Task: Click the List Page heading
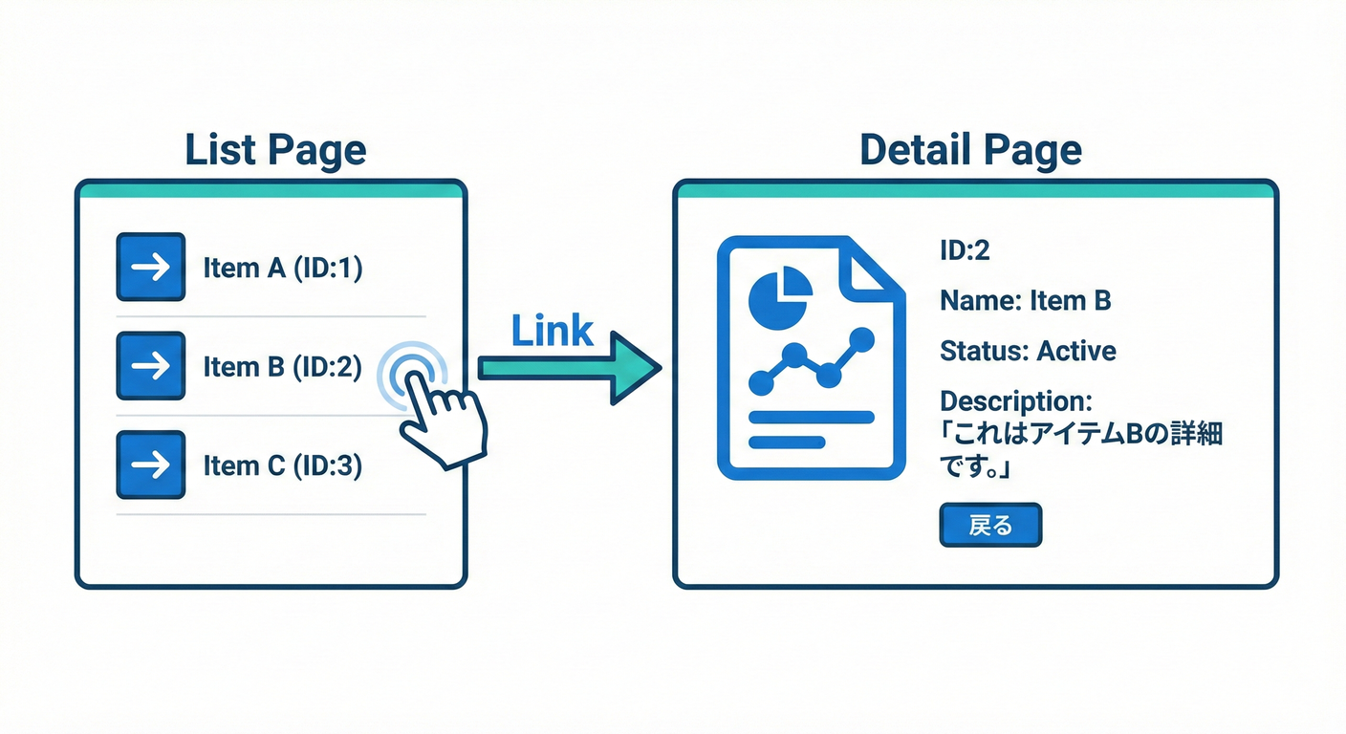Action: point(274,150)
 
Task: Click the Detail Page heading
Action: point(970,150)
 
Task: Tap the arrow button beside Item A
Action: point(150,268)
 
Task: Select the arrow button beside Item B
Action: point(150,366)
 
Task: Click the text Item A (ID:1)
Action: point(283,269)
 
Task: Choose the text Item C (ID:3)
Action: point(283,465)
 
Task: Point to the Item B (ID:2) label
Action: point(283,367)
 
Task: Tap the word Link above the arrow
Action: point(552,331)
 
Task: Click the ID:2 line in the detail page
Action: point(965,250)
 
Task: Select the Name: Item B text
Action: point(1025,301)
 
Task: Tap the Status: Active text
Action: point(1028,351)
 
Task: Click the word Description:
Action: point(1015,400)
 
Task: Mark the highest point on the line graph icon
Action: point(862,337)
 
